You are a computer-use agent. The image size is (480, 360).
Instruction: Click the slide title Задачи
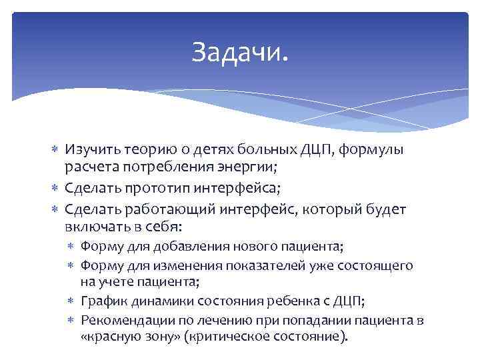coord(241,51)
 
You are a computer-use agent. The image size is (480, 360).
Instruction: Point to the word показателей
coord(254,265)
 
